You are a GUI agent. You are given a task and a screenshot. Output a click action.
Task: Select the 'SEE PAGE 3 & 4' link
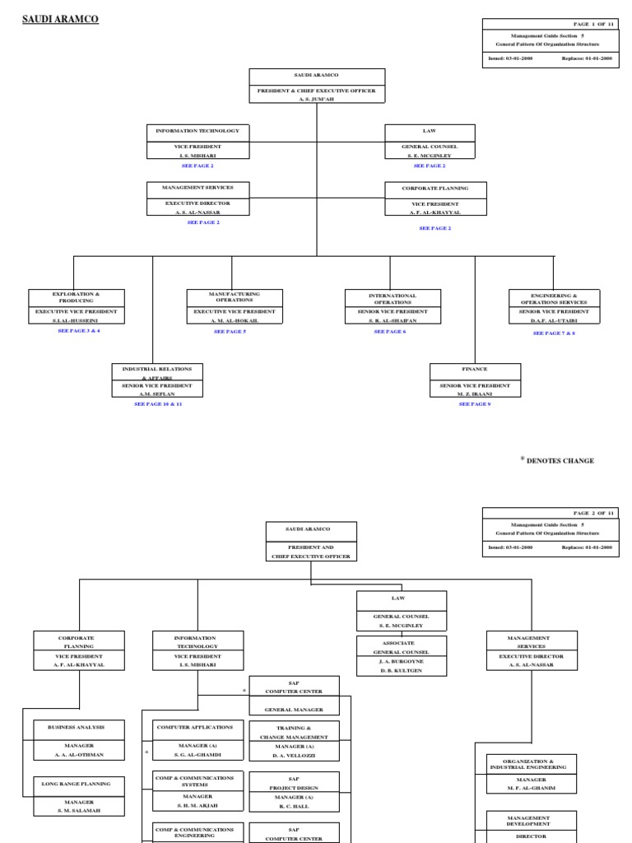tap(79, 330)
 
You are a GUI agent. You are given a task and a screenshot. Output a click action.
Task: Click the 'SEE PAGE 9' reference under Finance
tap(475, 404)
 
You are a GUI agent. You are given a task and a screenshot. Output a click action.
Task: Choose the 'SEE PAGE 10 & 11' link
tap(158, 404)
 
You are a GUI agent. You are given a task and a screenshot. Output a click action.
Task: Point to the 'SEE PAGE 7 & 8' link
tap(554, 333)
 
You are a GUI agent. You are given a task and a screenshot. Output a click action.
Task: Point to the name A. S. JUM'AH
tap(317, 99)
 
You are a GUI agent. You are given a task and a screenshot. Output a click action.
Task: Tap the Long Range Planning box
tap(80, 794)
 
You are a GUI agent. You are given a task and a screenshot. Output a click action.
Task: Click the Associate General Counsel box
tap(401, 655)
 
